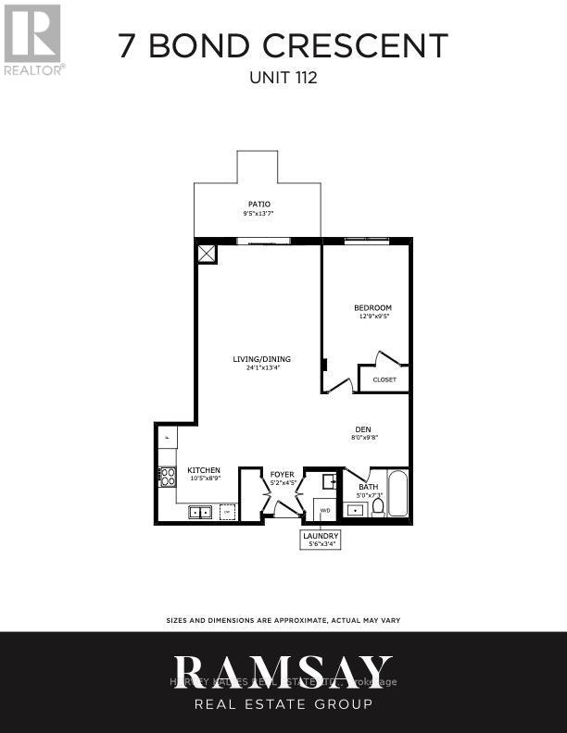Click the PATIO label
tap(258, 204)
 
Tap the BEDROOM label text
tap(372, 307)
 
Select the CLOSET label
tap(384, 379)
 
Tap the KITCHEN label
tap(204, 470)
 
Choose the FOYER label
tap(282, 474)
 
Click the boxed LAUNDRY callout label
tap(321, 537)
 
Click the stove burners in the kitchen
tap(169, 477)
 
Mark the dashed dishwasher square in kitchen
tap(227, 512)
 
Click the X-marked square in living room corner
tap(207, 254)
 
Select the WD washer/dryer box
tap(325, 509)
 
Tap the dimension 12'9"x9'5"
tap(372, 316)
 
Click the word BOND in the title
tap(218, 46)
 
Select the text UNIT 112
tap(283, 79)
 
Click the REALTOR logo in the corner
tap(33, 37)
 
